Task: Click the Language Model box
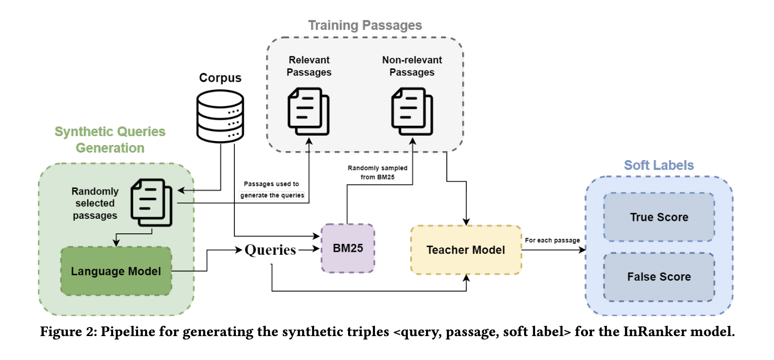[116, 271]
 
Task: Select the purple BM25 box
[348, 248]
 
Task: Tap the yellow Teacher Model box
[466, 249]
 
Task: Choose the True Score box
[659, 217]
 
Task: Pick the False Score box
[659, 277]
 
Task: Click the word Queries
[270, 250]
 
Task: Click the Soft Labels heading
[658, 165]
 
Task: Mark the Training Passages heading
[365, 25]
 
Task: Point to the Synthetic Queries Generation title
[110, 140]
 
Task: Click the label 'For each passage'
[552, 240]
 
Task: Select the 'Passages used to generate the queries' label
[272, 189]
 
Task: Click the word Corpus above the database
[220, 78]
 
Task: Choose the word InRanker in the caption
[644, 333]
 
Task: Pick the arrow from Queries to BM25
[309, 250]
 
